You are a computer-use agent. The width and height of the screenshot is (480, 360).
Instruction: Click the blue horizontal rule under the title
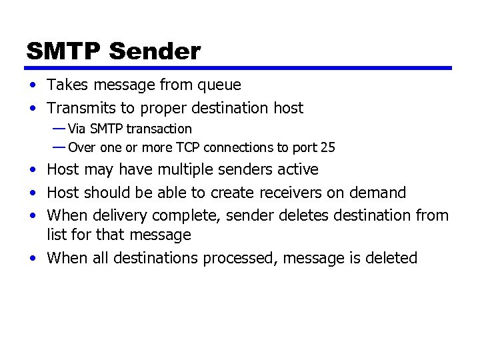(239, 68)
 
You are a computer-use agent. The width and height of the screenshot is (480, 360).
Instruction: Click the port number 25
(327, 147)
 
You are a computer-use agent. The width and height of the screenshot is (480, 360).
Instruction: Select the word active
(298, 170)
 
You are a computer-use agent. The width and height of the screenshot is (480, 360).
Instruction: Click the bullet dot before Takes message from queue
(33, 86)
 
